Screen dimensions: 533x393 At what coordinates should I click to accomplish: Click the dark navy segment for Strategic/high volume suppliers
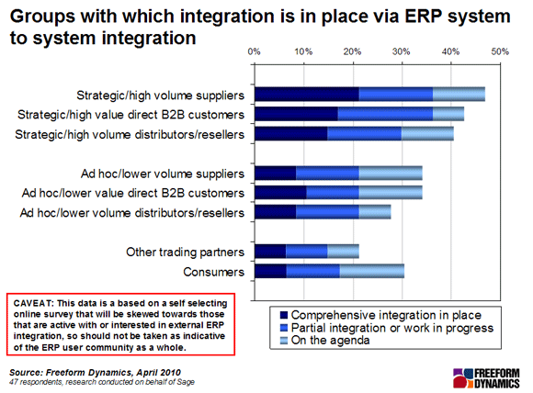tap(307, 94)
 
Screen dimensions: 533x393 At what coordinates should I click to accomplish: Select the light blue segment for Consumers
tap(372, 272)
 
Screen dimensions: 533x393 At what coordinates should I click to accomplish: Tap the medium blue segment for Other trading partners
tap(306, 252)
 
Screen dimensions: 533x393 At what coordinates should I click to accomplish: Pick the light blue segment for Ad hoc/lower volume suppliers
tap(391, 174)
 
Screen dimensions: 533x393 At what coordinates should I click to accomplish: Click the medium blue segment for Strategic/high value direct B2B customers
tap(385, 114)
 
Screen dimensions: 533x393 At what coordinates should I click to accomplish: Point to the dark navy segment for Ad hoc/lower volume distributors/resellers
tap(276, 212)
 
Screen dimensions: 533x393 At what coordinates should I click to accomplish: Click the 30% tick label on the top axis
tap(401, 51)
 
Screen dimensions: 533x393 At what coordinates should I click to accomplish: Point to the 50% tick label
tap(500, 51)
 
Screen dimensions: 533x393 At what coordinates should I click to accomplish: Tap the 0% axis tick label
tap(254, 51)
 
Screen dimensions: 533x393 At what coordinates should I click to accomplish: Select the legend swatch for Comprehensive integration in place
tap(283, 315)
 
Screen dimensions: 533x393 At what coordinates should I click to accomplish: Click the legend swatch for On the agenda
tap(283, 341)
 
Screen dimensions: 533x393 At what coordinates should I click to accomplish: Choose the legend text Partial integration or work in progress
tap(392, 328)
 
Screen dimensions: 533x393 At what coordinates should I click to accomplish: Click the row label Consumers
tap(213, 272)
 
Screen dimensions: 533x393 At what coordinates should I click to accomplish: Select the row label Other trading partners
tap(185, 252)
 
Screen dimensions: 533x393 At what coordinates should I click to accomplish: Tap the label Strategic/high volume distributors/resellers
tap(130, 134)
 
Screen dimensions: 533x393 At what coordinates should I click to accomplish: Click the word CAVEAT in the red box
tap(33, 303)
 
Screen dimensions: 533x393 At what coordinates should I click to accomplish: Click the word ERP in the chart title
tap(423, 16)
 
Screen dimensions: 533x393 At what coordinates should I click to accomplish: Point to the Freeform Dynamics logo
tap(486, 378)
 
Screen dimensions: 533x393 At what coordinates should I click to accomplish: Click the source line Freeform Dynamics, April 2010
tap(113, 373)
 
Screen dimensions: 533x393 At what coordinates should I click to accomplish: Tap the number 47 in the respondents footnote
tap(13, 382)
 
